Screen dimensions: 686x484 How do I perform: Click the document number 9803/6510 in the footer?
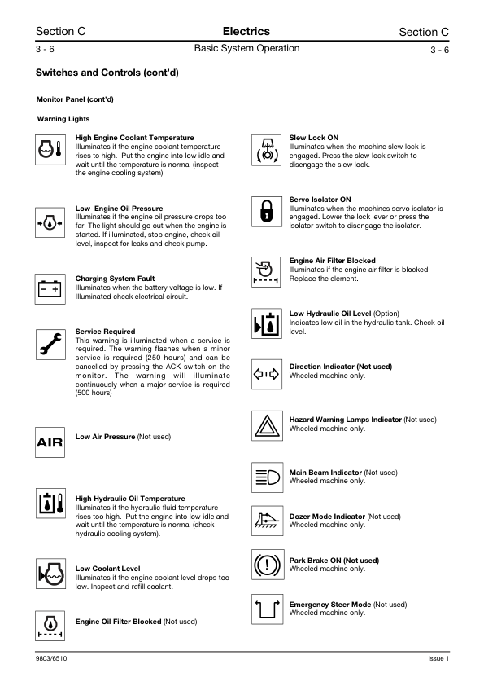[x=51, y=657]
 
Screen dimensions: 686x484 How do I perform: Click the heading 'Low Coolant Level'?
[x=107, y=568]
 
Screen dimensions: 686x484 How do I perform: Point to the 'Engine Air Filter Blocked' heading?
[x=333, y=261]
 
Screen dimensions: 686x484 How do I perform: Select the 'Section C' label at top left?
[x=61, y=32]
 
